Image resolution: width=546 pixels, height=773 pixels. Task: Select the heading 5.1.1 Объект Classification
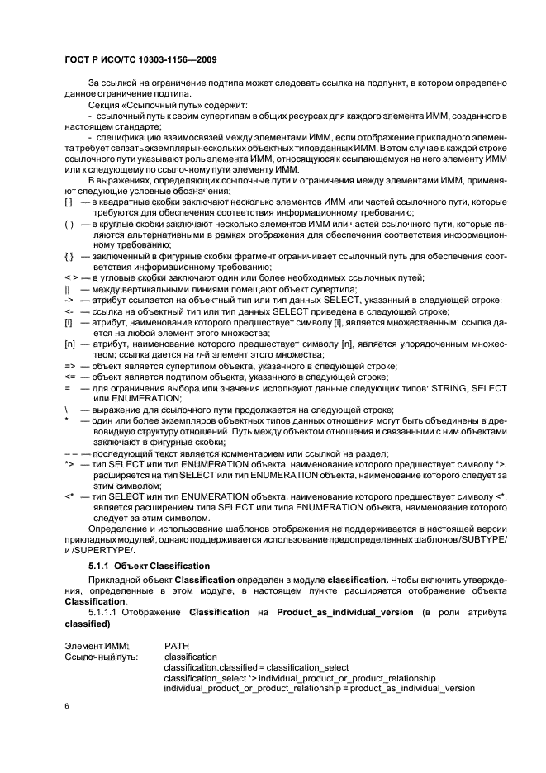[149, 565]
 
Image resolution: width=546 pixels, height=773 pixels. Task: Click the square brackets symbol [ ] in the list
[69, 202]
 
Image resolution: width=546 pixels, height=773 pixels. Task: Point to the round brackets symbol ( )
[69, 223]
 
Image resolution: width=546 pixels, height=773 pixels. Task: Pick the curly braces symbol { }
[69, 255]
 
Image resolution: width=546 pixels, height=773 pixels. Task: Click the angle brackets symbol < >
[70, 277]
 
